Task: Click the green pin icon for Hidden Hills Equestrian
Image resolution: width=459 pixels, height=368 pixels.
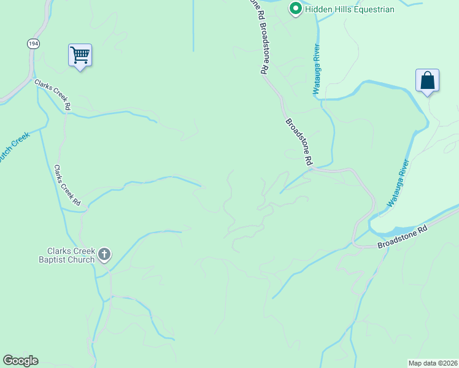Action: (x=295, y=9)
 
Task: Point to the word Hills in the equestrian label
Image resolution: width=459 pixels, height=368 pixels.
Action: (x=343, y=9)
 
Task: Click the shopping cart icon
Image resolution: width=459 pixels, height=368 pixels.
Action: (x=80, y=55)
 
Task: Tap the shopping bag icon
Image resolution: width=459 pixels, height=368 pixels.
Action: (x=427, y=81)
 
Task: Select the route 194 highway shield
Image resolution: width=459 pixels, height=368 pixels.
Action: (x=33, y=43)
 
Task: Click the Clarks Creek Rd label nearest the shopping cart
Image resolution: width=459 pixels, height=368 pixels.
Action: (x=53, y=95)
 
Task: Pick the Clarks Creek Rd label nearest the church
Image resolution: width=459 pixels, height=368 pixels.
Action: (x=67, y=185)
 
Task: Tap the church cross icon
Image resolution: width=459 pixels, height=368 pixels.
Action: (x=104, y=254)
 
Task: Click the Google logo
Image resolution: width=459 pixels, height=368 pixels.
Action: (x=20, y=361)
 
